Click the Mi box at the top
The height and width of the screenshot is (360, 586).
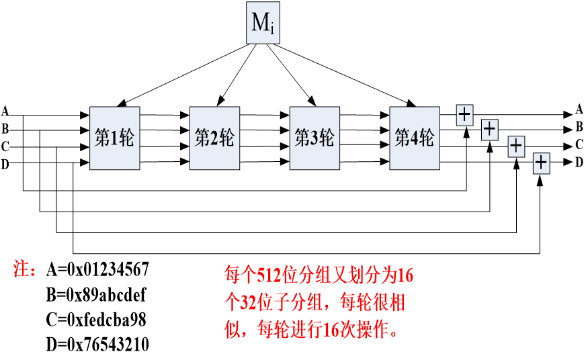(263, 24)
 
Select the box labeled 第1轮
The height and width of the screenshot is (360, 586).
(114, 138)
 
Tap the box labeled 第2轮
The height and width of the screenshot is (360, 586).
(214, 138)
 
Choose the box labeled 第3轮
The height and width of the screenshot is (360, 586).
(315, 138)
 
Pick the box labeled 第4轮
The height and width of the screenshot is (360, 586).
(415, 138)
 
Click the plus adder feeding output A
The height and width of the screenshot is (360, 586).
(464, 114)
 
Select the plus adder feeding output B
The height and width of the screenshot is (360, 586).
(490, 128)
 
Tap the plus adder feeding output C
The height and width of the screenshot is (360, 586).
(516, 146)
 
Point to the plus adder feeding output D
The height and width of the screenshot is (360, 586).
(542, 163)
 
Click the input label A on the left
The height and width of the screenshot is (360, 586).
(5, 111)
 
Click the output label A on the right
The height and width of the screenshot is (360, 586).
(579, 109)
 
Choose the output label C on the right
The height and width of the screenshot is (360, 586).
(579, 144)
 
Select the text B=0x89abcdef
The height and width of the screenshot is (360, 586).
(96, 296)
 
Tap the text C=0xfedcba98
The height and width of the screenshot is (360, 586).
(96, 320)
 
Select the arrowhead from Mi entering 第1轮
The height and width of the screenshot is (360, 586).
(119, 104)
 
